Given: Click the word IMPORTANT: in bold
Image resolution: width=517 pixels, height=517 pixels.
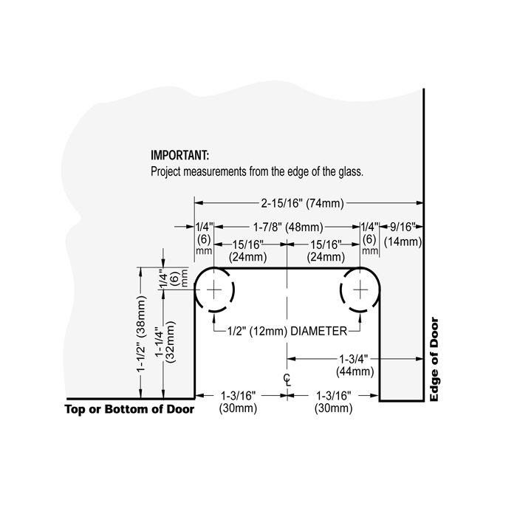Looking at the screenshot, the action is tap(179, 155).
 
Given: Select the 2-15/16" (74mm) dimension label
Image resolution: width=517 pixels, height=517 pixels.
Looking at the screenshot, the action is tap(302, 203).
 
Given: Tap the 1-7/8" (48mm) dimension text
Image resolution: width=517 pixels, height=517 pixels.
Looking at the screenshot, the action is tap(288, 227).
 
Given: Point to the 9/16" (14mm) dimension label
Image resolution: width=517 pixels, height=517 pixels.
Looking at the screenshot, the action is tap(403, 234).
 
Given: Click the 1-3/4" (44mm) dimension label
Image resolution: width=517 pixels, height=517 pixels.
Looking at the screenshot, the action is tap(355, 366).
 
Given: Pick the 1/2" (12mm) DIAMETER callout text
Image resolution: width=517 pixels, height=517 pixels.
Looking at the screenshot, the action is tap(287, 331).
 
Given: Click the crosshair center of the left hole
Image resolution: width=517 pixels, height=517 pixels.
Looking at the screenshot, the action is tap(214, 290).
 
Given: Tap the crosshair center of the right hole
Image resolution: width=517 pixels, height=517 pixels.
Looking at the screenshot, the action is tap(360, 290).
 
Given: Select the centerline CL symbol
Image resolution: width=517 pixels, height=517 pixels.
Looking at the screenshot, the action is tap(287, 380).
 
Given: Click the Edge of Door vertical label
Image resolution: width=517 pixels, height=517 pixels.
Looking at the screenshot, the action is tap(434, 360).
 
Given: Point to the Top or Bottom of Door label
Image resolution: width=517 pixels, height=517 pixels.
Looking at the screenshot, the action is tap(129, 409).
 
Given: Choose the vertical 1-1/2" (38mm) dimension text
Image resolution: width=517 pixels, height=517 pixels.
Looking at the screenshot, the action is tap(141, 334).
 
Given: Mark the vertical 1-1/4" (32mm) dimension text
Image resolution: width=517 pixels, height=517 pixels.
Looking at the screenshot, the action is tap(165, 342).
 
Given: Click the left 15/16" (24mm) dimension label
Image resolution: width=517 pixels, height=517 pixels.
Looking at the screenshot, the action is tap(248, 250).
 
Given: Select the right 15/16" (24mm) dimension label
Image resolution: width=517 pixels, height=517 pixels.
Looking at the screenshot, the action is tap(326, 250).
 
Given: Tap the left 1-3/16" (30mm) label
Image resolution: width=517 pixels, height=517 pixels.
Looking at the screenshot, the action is tap(238, 402).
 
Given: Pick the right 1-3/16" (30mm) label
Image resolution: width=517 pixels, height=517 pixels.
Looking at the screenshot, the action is tap(334, 402).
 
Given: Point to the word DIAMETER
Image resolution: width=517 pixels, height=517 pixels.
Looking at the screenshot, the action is tap(318, 331).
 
